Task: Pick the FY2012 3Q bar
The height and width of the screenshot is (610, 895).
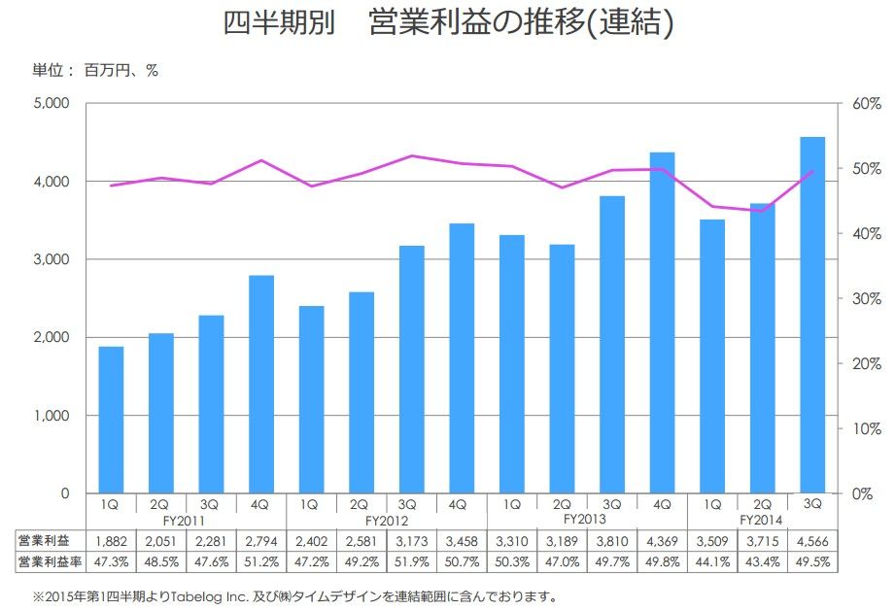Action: tap(411, 369)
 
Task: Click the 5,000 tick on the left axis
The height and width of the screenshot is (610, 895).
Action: tap(49, 103)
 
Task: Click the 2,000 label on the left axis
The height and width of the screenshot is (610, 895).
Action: tap(49, 337)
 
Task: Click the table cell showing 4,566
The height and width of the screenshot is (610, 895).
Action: tap(812, 541)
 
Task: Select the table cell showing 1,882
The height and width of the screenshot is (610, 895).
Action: tap(110, 541)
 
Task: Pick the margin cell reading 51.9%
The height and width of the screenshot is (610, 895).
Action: tap(410, 562)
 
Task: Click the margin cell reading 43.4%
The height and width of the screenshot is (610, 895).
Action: tap(762, 562)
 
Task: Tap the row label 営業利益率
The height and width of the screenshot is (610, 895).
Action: tap(48, 562)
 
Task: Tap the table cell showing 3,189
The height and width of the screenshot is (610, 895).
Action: tap(561, 541)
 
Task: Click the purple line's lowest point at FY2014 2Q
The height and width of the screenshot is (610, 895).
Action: tap(762, 211)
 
